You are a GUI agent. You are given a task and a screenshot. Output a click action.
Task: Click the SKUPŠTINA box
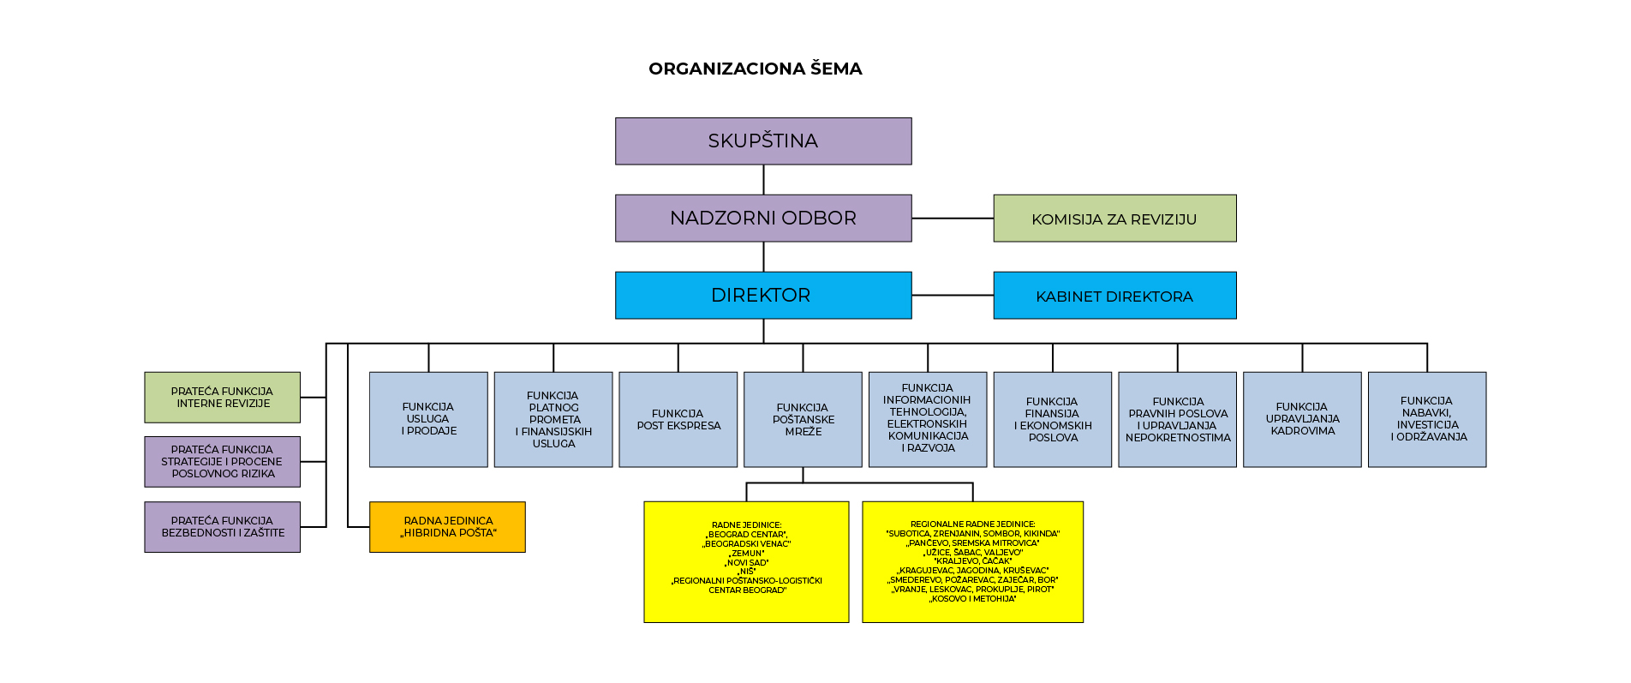pyautogui.click(x=763, y=141)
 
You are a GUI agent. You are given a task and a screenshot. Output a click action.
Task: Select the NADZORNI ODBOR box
pyautogui.click(x=763, y=219)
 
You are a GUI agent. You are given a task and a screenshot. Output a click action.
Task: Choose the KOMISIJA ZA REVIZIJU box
pyautogui.click(x=1114, y=219)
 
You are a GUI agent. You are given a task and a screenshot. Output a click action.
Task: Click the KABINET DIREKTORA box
pyautogui.click(x=1114, y=296)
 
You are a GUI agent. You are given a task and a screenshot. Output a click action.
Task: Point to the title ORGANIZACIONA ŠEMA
pyautogui.click(x=755, y=69)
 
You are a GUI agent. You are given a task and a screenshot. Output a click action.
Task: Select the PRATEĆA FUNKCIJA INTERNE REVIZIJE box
pyautogui.click(x=222, y=398)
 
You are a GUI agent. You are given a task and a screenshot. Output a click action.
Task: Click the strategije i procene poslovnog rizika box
pyautogui.click(x=222, y=462)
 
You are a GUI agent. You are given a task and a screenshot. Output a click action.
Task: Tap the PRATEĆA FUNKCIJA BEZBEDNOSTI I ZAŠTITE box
pyautogui.click(x=222, y=527)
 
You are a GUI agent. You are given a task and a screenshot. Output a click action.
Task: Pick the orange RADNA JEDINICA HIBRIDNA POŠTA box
pyautogui.click(x=447, y=527)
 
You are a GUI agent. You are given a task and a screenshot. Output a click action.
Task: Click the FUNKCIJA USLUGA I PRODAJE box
pyautogui.click(x=428, y=419)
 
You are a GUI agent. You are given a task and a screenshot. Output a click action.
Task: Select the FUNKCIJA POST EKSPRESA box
pyautogui.click(x=678, y=419)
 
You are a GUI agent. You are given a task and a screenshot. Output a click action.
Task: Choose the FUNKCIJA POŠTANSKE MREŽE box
pyautogui.click(x=803, y=419)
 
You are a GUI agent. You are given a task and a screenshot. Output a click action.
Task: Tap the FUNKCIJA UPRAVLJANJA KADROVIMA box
pyautogui.click(x=1302, y=419)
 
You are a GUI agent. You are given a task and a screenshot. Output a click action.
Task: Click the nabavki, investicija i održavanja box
pyautogui.click(x=1427, y=419)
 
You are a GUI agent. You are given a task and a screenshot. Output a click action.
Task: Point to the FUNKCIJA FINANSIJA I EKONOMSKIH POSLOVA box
pyautogui.click(x=1053, y=419)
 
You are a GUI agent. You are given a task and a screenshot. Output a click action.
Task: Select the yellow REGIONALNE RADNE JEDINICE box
pyautogui.click(x=972, y=561)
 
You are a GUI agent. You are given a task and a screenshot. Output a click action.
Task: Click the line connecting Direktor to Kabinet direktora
pyautogui.click(x=953, y=295)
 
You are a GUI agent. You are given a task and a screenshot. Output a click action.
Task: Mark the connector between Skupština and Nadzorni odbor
pyautogui.click(x=763, y=180)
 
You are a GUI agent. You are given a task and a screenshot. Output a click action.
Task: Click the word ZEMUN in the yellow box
pyautogui.click(x=748, y=554)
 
